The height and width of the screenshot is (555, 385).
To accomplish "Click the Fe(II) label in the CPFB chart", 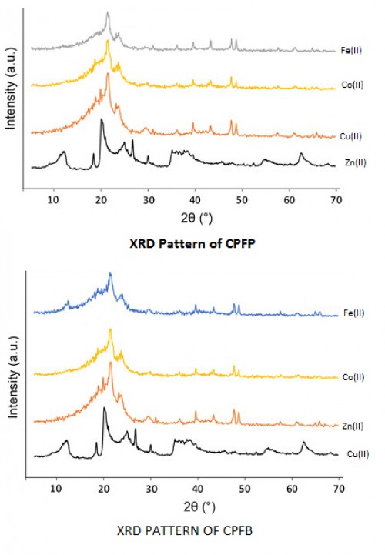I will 351,316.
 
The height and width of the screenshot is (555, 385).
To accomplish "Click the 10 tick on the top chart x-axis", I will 53,202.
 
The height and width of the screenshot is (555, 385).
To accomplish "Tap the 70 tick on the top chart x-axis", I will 336,202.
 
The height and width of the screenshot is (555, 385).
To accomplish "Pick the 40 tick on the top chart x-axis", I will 195,202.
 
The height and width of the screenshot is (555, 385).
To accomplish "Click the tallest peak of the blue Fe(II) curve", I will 111,274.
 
